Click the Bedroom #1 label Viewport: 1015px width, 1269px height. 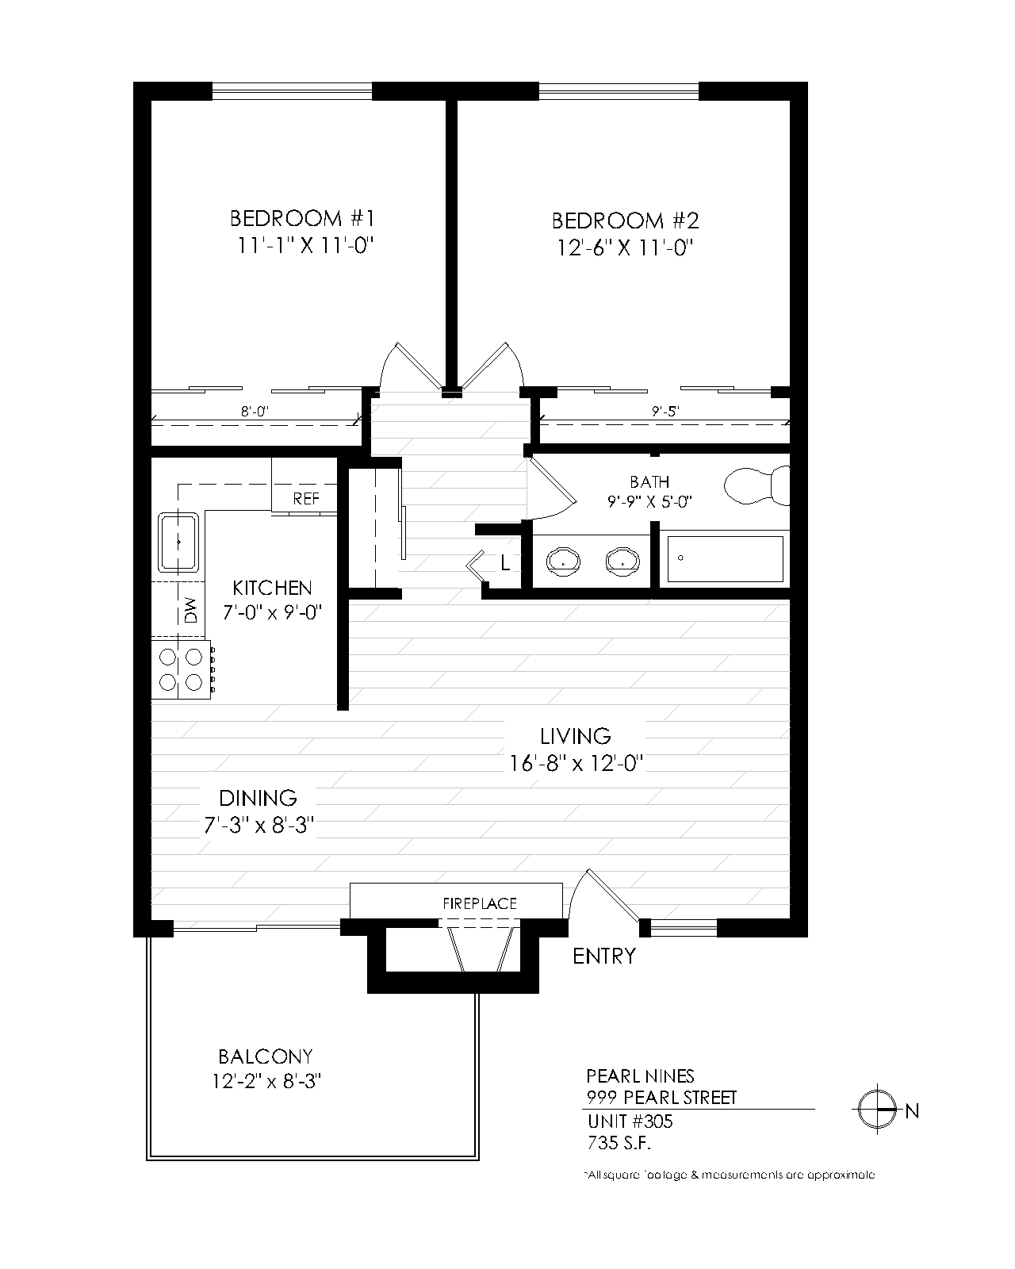tap(301, 218)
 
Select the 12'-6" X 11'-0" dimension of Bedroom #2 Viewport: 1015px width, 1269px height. tap(625, 248)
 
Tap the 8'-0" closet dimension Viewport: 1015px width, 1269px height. tap(257, 411)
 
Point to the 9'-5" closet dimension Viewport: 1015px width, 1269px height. tap(665, 411)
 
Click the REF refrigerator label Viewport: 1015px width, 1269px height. tap(306, 499)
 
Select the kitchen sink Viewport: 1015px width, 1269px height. tap(179, 542)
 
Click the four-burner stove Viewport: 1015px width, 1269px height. tap(182, 669)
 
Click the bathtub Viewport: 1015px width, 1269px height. tap(725, 559)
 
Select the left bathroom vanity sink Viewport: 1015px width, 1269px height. tap(563, 561)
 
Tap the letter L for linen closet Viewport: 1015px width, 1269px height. tap(505, 564)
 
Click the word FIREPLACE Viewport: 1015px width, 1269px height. tap(480, 903)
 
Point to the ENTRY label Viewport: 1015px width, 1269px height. tap(604, 957)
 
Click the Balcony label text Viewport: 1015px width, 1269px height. tap(266, 1056)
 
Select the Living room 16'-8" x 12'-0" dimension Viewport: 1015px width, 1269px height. tap(576, 763)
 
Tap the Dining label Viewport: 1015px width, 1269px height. tap(259, 797)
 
